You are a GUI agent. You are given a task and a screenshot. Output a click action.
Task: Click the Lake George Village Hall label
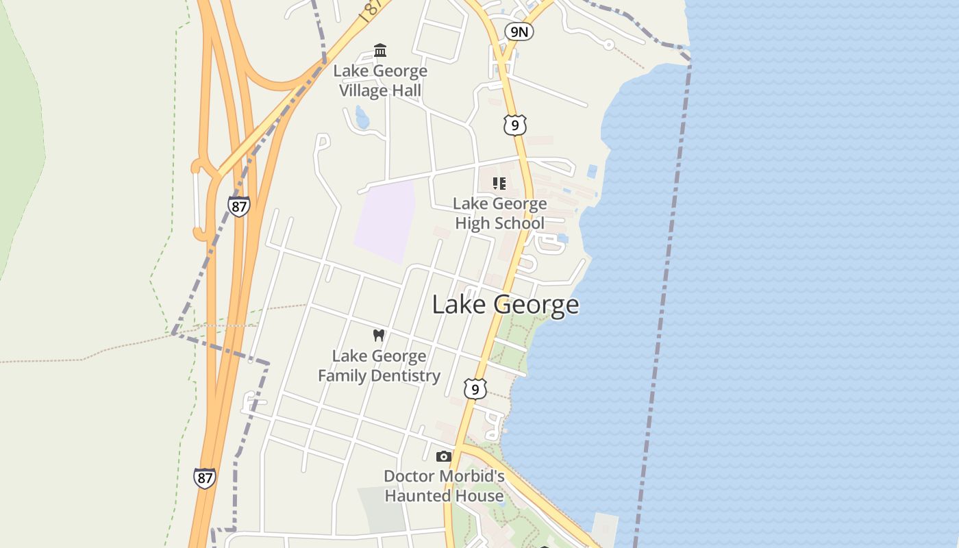[380, 81]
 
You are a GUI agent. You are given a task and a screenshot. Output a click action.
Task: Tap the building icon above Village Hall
[380, 51]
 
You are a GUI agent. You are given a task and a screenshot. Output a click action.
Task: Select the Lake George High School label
[499, 213]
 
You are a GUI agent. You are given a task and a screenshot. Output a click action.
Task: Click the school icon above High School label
[499, 183]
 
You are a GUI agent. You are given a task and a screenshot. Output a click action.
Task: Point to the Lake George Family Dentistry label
[379, 366]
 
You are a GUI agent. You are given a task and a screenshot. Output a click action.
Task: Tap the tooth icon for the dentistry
[378, 336]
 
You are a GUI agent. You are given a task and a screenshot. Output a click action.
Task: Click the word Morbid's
[473, 476]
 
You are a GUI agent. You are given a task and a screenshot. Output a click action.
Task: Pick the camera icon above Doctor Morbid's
[444, 456]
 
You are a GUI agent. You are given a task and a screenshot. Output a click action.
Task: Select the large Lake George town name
[506, 305]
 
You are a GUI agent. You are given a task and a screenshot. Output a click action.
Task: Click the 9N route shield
[519, 32]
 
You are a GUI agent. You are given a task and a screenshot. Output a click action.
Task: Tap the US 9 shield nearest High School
[514, 125]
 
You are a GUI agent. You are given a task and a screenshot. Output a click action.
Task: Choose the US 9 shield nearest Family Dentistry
[475, 389]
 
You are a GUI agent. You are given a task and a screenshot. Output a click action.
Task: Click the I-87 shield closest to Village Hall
[238, 206]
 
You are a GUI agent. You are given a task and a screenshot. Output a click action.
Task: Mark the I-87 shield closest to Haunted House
[204, 477]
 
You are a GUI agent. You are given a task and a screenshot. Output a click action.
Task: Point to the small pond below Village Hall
[362, 119]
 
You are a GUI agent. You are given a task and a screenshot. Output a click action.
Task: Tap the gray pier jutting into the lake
[604, 529]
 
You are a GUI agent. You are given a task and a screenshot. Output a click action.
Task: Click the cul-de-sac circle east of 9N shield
[608, 45]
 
